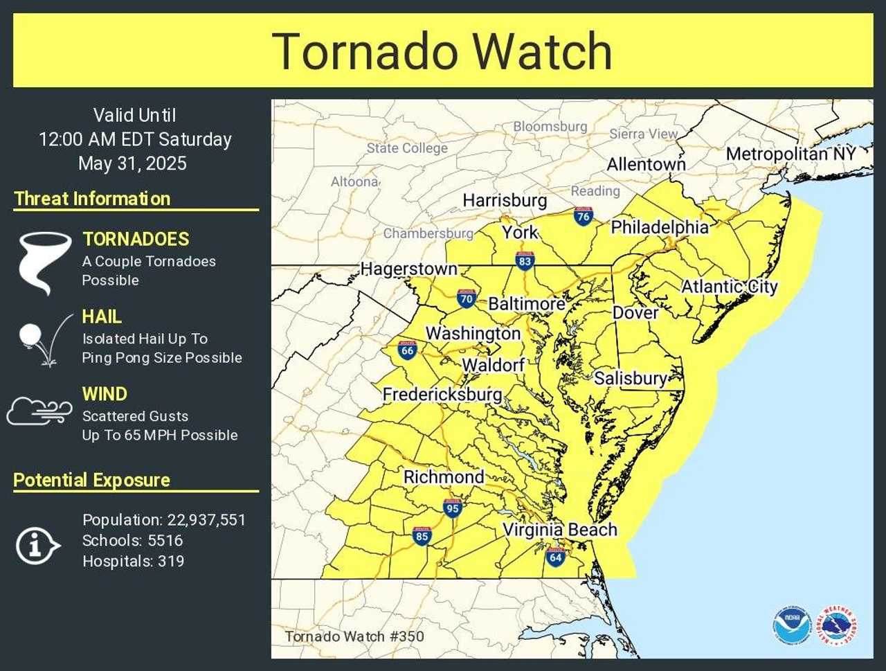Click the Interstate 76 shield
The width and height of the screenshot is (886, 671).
[x=583, y=216]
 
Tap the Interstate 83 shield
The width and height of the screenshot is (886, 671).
[x=525, y=260]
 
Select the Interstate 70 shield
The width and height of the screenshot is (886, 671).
[x=467, y=298]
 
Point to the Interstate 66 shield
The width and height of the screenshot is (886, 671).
[x=407, y=350]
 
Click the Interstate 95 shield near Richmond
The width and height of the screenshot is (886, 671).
[x=453, y=508]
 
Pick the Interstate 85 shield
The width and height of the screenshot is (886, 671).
[x=422, y=535]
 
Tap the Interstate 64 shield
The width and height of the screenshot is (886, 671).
[x=555, y=556]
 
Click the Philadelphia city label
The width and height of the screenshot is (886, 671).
[x=660, y=227]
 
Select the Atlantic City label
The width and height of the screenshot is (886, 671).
[x=730, y=286]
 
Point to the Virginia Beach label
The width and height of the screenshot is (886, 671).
[x=559, y=530]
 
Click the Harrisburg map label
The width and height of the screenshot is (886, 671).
[x=505, y=200]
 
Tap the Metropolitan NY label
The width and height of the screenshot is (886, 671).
[x=790, y=154]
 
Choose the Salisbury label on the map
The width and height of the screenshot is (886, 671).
[x=630, y=378]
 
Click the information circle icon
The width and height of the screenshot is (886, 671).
[x=37, y=545]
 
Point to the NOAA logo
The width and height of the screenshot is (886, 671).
[x=792, y=625]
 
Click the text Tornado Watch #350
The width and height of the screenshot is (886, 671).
[x=354, y=636]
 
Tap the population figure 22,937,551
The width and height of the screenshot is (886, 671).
[x=206, y=520]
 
